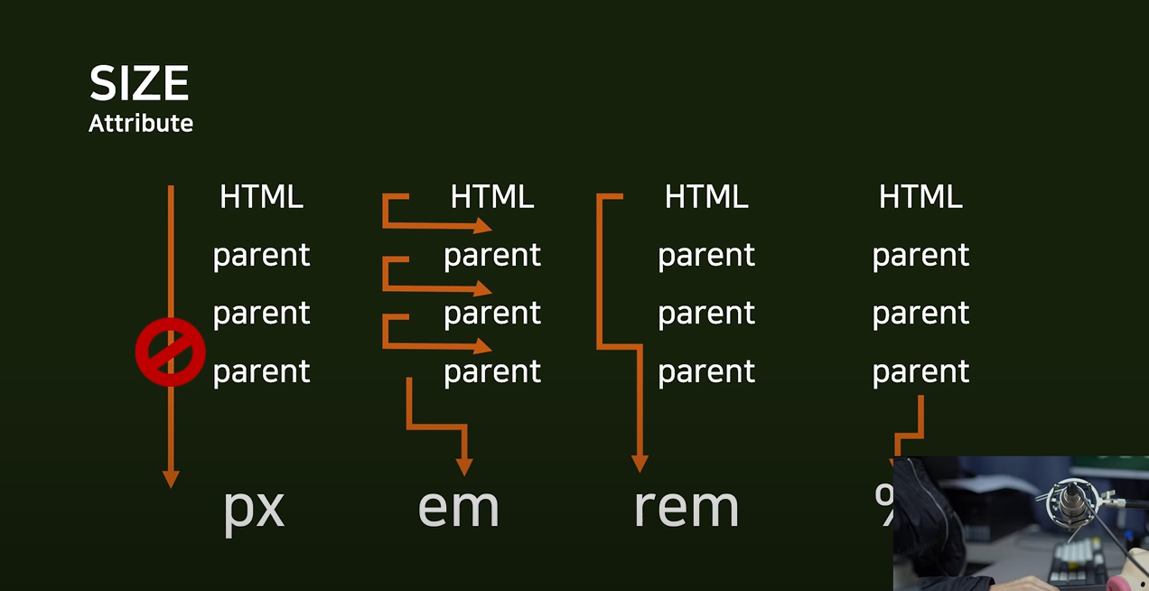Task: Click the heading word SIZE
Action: pos(139,85)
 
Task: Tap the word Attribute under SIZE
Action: pos(141,123)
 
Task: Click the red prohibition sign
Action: pos(170,352)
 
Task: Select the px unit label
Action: pos(254,508)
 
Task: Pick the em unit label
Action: pos(458,508)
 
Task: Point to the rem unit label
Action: pos(687,508)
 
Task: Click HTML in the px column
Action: pos(261,196)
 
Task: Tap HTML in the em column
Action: pos(492,196)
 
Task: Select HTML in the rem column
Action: pos(706,196)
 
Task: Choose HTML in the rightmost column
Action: pos(920,196)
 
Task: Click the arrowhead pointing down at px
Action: pos(170,479)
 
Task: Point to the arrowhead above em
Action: pos(464,466)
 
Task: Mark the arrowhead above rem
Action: pos(640,463)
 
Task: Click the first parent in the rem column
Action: pos(706,255)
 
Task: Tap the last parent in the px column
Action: pos(261,371)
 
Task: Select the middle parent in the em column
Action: pos(492,313)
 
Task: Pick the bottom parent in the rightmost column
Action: pos(920,371)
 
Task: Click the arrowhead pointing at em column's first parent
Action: pos(483,226)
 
